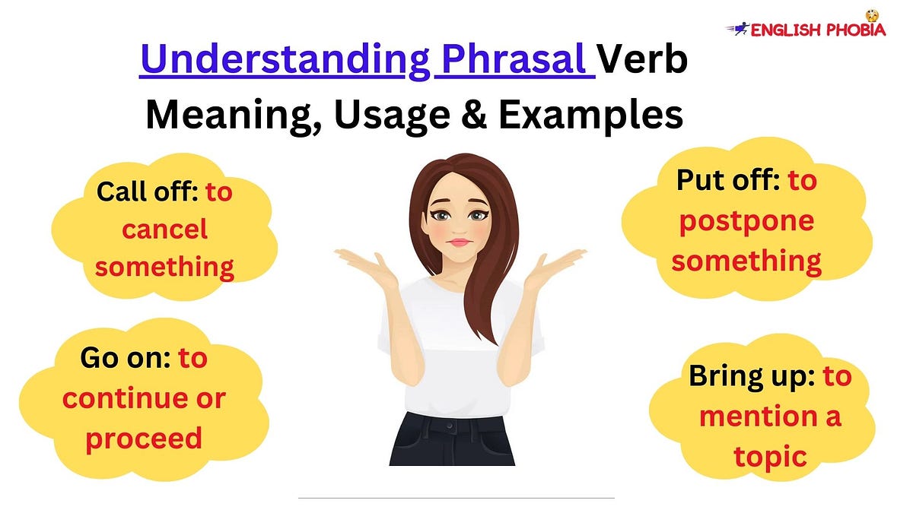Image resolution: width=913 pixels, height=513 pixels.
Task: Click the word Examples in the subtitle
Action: [x=590, y=116]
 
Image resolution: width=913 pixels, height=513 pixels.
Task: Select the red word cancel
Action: [x=164, y=230]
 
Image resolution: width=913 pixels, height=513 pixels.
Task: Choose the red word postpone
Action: [x=746, y=221]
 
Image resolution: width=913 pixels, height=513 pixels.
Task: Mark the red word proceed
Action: [x=144, y=439]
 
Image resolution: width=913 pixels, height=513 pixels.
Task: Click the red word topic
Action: [x=770, y=456]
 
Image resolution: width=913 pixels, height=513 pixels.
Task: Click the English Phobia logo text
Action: [x=817, y=30]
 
